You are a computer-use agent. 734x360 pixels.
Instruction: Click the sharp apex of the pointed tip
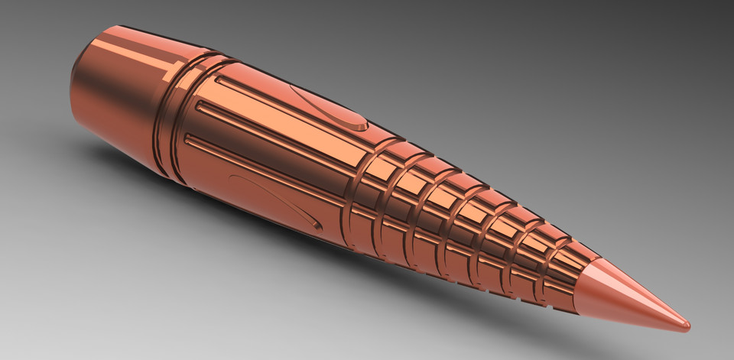tap(688, 326)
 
